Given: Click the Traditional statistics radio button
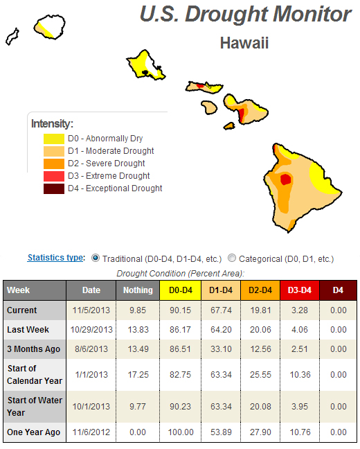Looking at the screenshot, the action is click(96, 258).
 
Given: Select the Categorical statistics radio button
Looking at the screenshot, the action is click(232, 258).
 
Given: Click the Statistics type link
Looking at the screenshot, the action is click(55, 258).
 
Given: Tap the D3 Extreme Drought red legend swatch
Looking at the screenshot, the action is click(54, 176).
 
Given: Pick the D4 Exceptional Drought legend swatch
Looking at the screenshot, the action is click(54, 188).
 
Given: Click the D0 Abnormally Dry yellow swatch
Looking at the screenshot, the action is click(54, 139).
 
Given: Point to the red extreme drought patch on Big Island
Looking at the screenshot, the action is click(285, 179).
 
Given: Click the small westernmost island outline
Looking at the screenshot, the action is click(12, 36).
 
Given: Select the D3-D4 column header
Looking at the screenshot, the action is click(300, 290).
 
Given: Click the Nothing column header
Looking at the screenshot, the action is click(138, 290).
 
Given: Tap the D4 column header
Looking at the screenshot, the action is click(338, 290).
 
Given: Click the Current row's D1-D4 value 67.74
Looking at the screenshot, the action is click(221, 310).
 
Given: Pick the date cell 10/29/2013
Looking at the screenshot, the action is click(91, 330).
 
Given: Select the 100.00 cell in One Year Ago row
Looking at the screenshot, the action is click(181, 432).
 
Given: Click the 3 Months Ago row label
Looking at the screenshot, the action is click(33, 349).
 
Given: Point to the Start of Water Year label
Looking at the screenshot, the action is click(35, 406).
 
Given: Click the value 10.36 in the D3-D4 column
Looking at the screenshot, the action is click(300, 375).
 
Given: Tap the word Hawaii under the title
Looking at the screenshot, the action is click(244, 43).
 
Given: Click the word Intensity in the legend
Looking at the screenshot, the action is click(52, 124).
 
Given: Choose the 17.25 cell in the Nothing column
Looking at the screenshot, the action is click(138, 375).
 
